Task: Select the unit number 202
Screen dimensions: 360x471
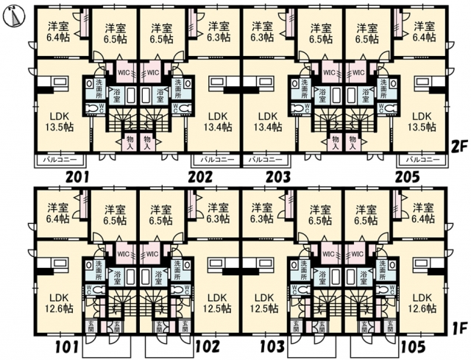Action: (x=199, y=177)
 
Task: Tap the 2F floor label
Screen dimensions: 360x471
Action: (x=459, y=147)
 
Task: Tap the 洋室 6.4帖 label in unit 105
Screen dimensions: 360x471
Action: (x=423, y=213)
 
